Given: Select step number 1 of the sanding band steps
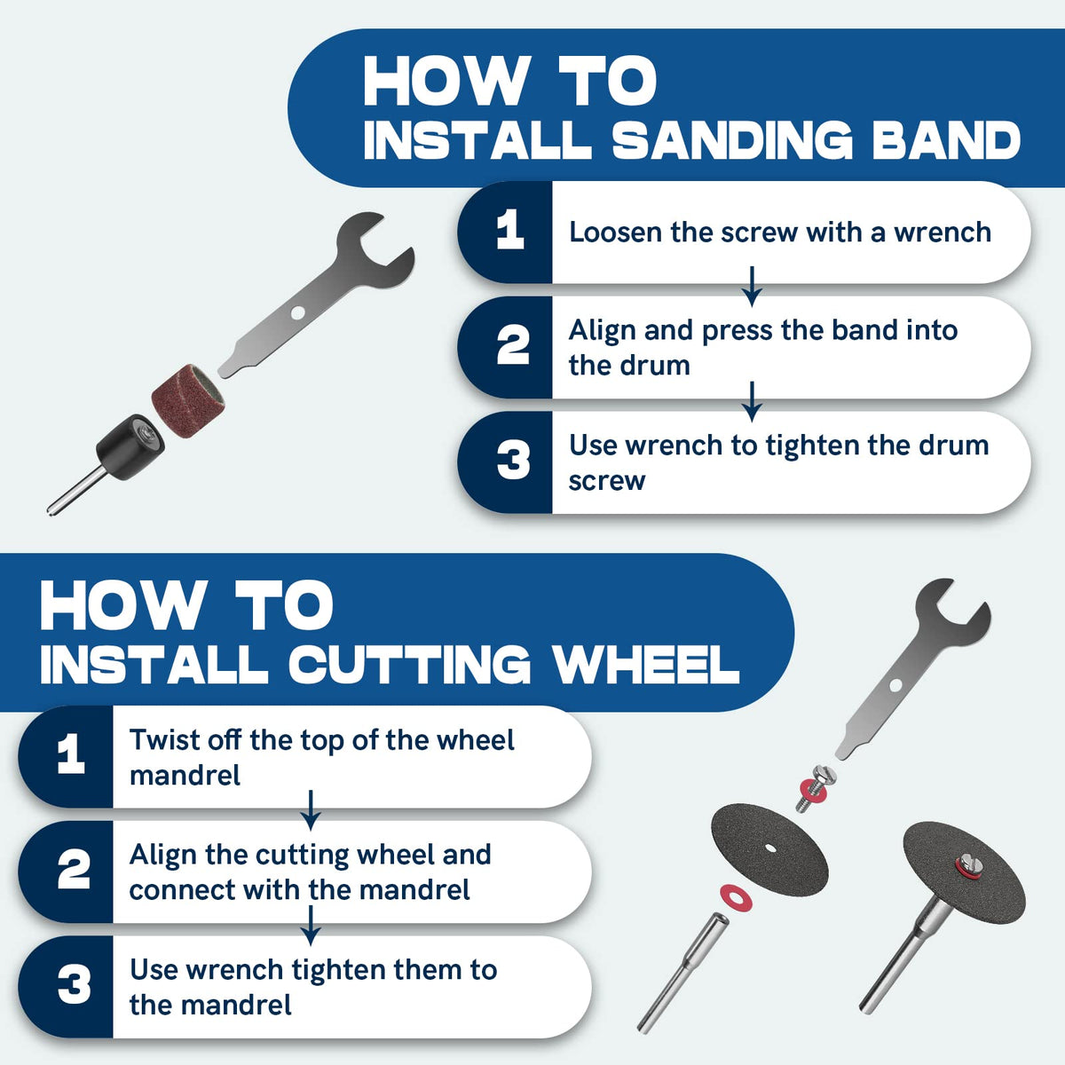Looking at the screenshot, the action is tap(509, 229).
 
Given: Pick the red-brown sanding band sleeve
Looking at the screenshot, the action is tap(188, 400).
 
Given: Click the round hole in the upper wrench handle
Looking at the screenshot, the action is tap(297, 313).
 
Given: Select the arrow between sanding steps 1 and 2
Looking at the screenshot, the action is tap(752, 287).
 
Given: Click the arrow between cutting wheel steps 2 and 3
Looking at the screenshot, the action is tap(311, 926).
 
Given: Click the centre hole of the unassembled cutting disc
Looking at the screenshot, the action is tap(770, 848).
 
